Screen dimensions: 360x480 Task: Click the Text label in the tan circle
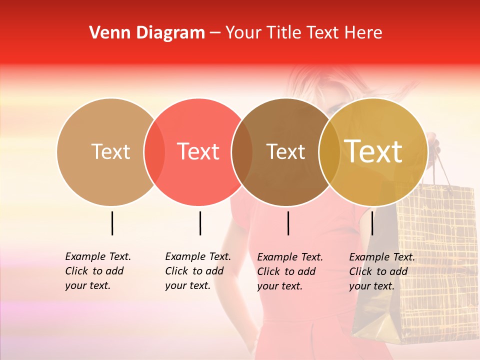click(x=110, y=151)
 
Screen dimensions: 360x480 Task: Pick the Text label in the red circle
click(x=198, y=151)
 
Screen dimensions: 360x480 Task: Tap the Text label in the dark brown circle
click(x=285, y=151)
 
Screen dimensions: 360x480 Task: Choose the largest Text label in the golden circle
click(x=373, y=151)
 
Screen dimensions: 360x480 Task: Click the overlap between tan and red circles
click(x=154, y=152)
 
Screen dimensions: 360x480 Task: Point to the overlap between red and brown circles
click(x=242, y=152)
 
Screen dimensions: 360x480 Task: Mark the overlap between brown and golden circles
click(x=329, y=152)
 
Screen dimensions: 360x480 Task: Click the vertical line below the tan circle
click(x=112, y=223)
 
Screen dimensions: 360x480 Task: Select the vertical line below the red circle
click(x=200, y=223)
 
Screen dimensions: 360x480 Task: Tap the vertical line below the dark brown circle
click(x=288, y=223)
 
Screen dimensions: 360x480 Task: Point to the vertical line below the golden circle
click(x=372, y=223)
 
